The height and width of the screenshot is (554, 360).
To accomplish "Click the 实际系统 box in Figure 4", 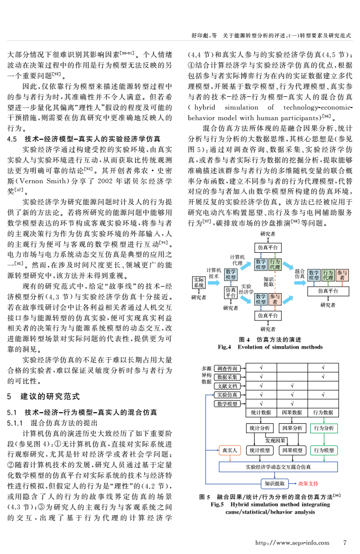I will (199, 282).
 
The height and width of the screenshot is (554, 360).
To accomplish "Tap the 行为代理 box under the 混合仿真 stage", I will (327, 275).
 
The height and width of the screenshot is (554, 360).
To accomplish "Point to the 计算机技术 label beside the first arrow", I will (214, 273).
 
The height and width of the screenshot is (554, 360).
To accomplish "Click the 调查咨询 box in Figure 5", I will (229, 368).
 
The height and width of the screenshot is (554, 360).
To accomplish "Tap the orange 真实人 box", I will (229, 450).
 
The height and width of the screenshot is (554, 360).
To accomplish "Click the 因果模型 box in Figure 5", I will (292, 450).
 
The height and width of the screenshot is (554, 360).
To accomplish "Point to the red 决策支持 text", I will (308, 483).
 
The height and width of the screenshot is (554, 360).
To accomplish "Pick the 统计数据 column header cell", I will (261, 412).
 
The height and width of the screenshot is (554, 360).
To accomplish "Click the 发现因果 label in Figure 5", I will (275, 440).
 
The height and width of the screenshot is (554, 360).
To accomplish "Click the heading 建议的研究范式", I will (50, 397).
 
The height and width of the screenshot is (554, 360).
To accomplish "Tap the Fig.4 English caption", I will (270, 347).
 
